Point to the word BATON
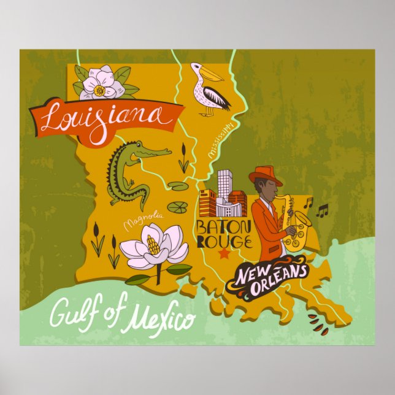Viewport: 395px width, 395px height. coord(215,228)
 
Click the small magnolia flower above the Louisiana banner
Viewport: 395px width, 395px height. coord(102,84)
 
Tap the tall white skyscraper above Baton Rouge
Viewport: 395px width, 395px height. coord(224,180)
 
